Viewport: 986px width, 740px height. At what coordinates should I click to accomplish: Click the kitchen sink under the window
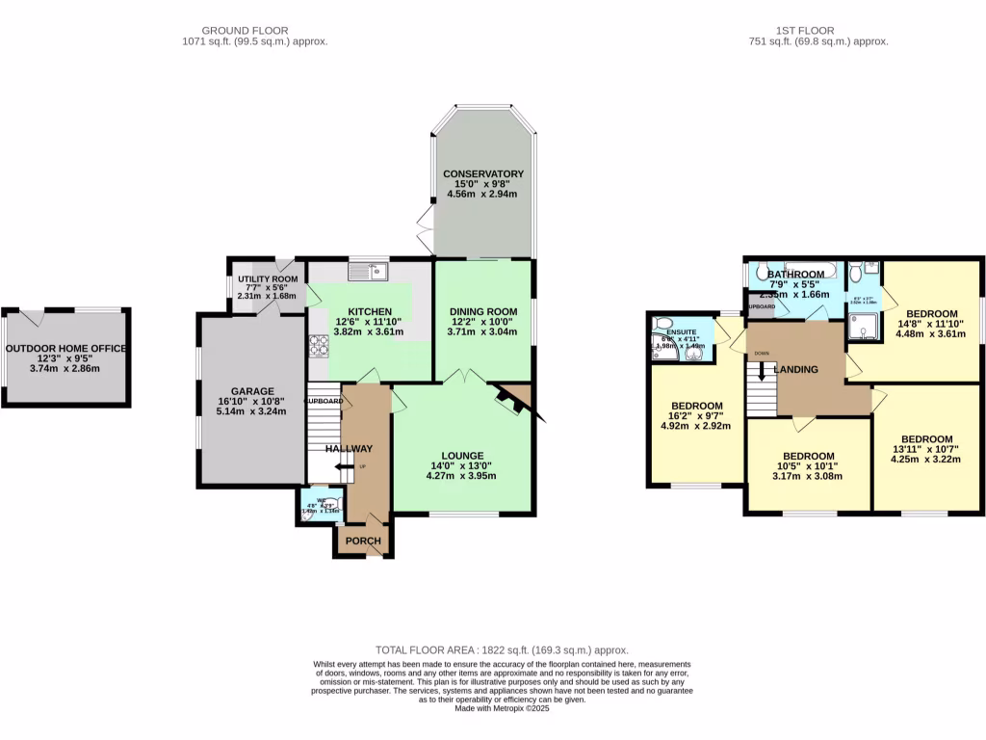pyautogui.click(x=368, y=272)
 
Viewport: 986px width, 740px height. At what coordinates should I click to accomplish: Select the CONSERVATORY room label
pyautogui.click(x=482, y=173)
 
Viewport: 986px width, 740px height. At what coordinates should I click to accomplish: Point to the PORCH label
pyautogui.click(x=363, y=542)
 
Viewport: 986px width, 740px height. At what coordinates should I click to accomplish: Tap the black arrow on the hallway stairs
pyautogui.click(x=342, y=467)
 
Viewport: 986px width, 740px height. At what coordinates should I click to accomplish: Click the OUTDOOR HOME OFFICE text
pyautogui.click(x=65, y=349)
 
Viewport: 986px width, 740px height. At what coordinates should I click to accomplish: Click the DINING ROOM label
pyautogui.click(x=482, y=311)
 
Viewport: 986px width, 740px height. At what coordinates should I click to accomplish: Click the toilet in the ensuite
pyautogui.click(x=662, y=325)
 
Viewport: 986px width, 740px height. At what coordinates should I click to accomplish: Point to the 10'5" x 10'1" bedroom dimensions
pyautogui.click(x=808, y=469)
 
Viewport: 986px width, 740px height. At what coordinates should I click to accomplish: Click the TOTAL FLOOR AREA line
pyautogui.click(x=501, y=650)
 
